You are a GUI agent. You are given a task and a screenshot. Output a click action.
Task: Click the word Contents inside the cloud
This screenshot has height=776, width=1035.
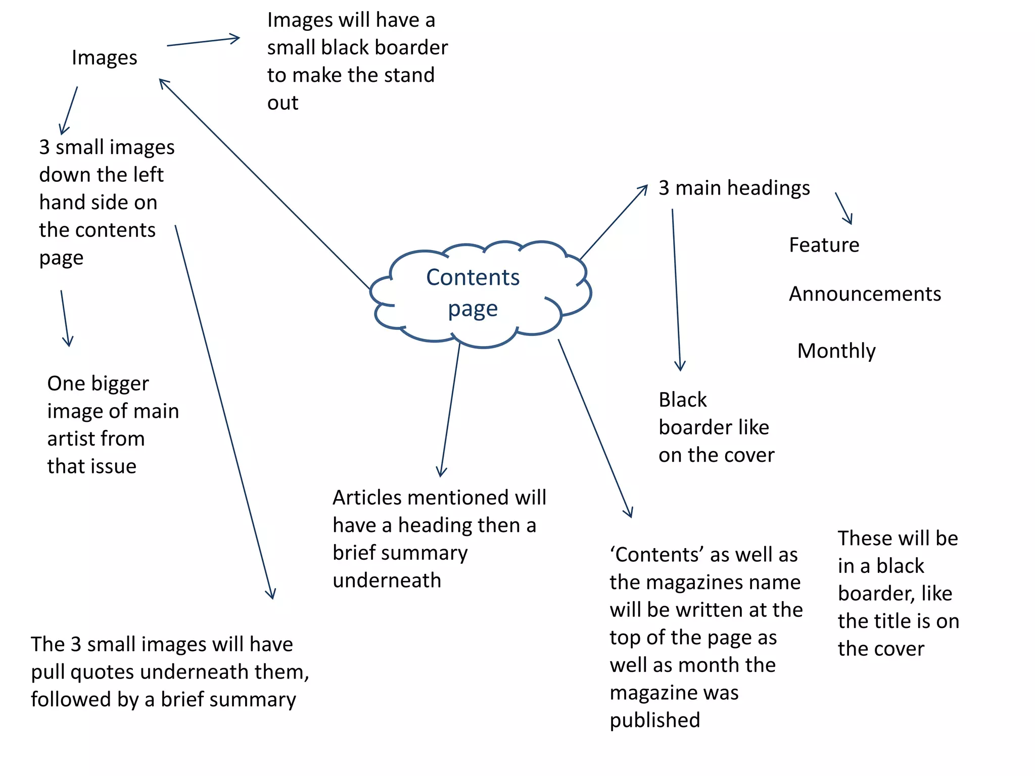(473, 277)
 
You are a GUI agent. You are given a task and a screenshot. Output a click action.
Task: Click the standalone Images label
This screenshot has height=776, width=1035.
(104, 58)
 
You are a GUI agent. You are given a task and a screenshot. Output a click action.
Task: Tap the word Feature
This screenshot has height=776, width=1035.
(824, 245)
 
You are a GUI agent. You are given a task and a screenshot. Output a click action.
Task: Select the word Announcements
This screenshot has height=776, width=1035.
(865, 294)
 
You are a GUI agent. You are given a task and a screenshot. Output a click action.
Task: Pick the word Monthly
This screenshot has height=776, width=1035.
(836, 351)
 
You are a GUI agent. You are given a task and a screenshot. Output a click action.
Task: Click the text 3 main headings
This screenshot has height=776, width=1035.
(734, 188)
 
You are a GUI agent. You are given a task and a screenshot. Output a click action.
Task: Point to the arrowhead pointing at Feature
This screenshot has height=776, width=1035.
(850, 220)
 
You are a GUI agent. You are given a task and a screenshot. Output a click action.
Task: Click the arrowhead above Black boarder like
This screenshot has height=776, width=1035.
(680, 366)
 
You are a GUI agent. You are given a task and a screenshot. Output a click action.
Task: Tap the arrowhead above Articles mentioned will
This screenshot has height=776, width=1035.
(441, 472)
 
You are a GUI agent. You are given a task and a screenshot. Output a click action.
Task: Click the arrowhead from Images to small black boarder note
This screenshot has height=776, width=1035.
(235, 38)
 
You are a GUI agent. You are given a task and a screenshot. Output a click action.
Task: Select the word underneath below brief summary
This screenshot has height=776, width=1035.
(387, 580)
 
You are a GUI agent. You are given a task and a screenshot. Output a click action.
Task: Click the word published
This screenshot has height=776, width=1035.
(654, 720)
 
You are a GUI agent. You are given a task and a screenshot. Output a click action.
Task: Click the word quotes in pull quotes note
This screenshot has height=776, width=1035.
(104, 672)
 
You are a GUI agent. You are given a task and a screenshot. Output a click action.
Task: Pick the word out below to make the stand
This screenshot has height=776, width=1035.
(283, 103)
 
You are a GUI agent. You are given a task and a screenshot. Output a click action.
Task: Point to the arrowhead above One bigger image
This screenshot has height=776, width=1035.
(68, 342)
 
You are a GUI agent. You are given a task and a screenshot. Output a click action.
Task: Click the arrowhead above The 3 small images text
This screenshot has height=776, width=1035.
(272, 594)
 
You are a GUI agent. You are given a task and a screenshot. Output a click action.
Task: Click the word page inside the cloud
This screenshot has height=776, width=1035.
(473, 309)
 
